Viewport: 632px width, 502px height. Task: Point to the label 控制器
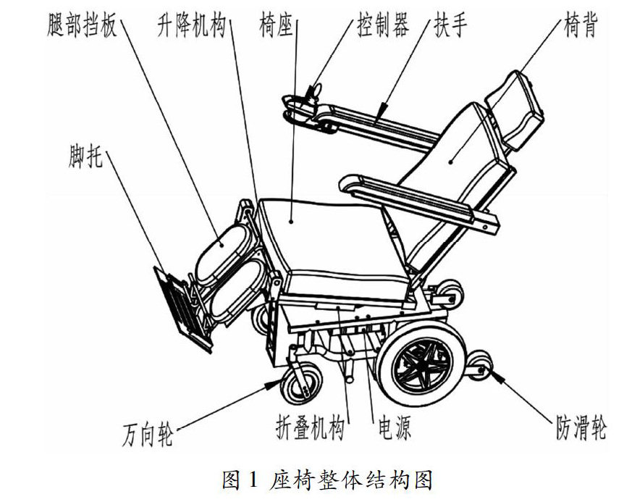(382, 27)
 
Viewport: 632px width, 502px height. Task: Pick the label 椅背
(580, 27)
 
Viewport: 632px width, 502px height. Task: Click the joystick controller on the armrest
(314, 93)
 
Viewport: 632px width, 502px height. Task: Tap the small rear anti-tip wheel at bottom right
(481, 365)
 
